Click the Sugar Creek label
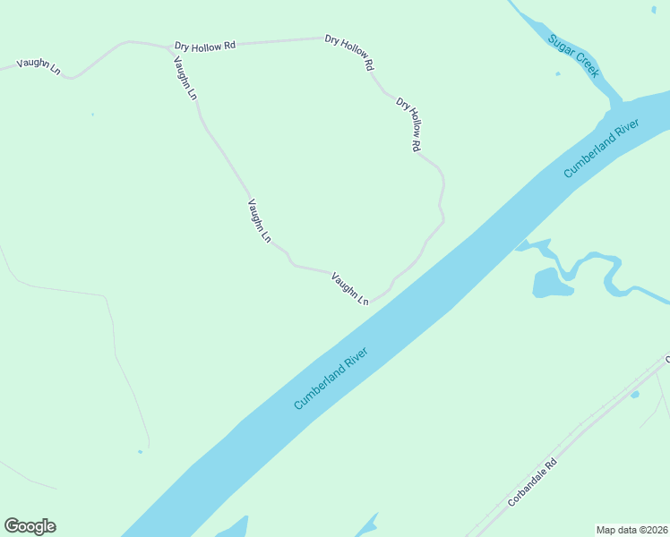[572, 55]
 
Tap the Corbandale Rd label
[532, 483]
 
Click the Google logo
[30, 526]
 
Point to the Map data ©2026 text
[631, 530]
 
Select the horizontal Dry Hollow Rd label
[204, 45]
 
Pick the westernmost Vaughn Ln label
[39, 66]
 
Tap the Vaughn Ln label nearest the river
[350, 289]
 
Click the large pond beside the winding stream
[549, 283]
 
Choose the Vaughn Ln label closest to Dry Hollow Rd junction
[185, 78]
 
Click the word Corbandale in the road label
[527, 489]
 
